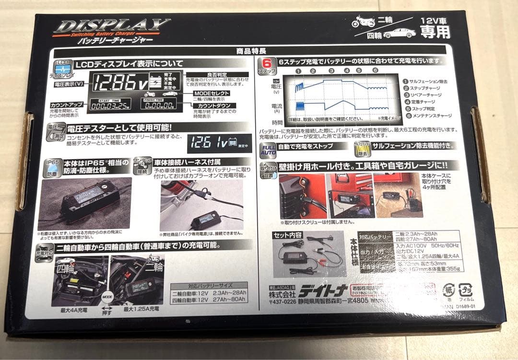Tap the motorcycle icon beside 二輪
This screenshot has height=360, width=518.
pos(363,21)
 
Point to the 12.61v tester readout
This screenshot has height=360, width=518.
pos(209,142)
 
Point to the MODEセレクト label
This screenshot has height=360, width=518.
pos(211,93)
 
